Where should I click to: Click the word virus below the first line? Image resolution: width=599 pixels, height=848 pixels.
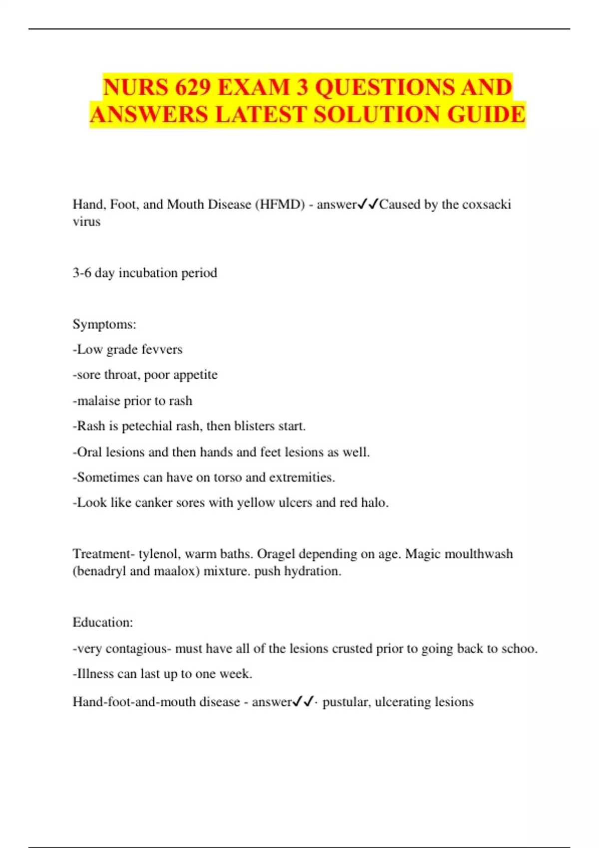click(86, 221)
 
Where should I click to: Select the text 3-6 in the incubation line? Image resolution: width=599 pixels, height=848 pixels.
click(82, 273)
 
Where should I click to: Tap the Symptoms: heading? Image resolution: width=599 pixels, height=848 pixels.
click(104, 324)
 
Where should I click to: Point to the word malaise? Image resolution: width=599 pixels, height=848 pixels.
click(99, 401)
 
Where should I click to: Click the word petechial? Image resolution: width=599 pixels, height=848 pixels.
click(146, 426)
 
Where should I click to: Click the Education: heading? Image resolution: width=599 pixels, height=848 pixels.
click(103, 623)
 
